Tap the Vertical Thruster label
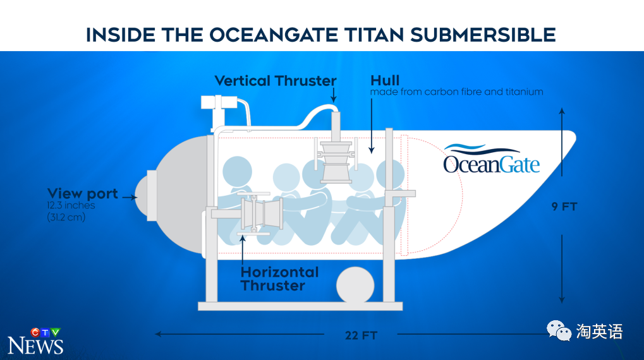click(x=276, y=81)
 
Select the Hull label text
click(x=385, y=80)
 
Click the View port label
click(x=83, y=193)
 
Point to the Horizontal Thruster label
click(x=279, y=279)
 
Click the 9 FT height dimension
click(x=564, y=207)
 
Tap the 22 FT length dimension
click(x=361, y=335)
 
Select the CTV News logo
click(x=36, y=341)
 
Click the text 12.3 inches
click(x=71, y=205)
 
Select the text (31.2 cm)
click(x=66, y=217)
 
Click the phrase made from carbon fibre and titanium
click(x=456, y=92)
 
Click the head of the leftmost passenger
click(x=237, y=171)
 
